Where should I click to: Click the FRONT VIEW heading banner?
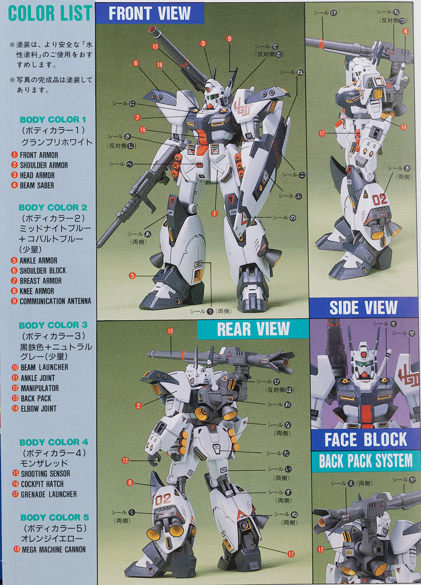(x=150, y=13)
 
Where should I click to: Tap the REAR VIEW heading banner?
(x=253, y=329)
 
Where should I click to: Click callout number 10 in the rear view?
(x=170, y=331)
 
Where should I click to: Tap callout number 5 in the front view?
(x=132, y=275)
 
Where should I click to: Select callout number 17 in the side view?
(x=322, y=133)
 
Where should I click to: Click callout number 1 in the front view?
(x=214, y=214)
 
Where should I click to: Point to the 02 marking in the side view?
(x=379, y=200)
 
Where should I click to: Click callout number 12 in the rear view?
(x=125, y=460)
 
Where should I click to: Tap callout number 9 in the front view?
(x=229, y=39)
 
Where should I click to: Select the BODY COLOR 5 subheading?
(x=55, y=518)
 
